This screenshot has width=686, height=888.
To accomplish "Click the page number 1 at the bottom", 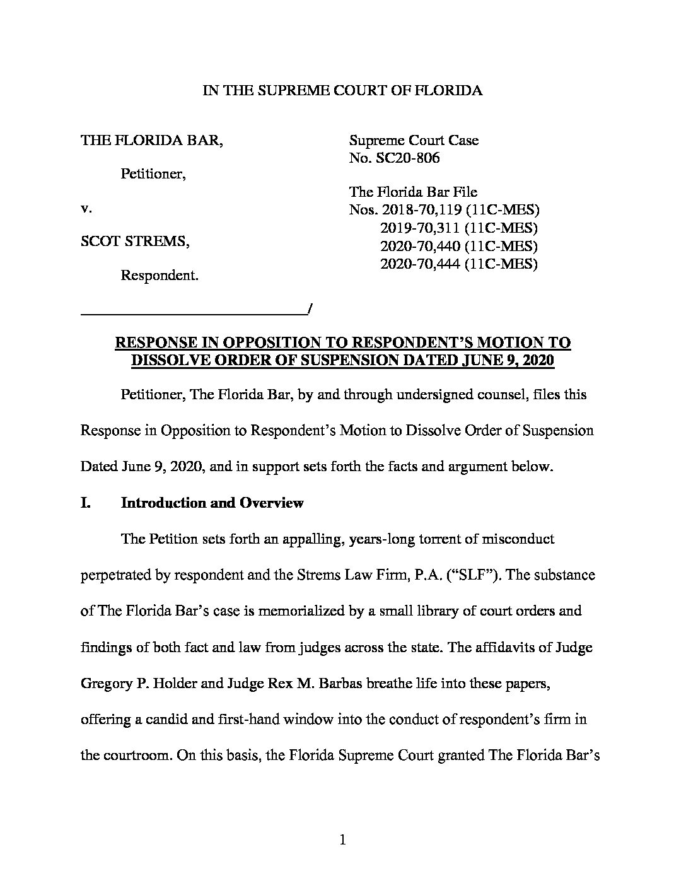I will coord(342,839).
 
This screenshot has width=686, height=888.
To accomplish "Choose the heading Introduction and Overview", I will coord(212,503).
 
